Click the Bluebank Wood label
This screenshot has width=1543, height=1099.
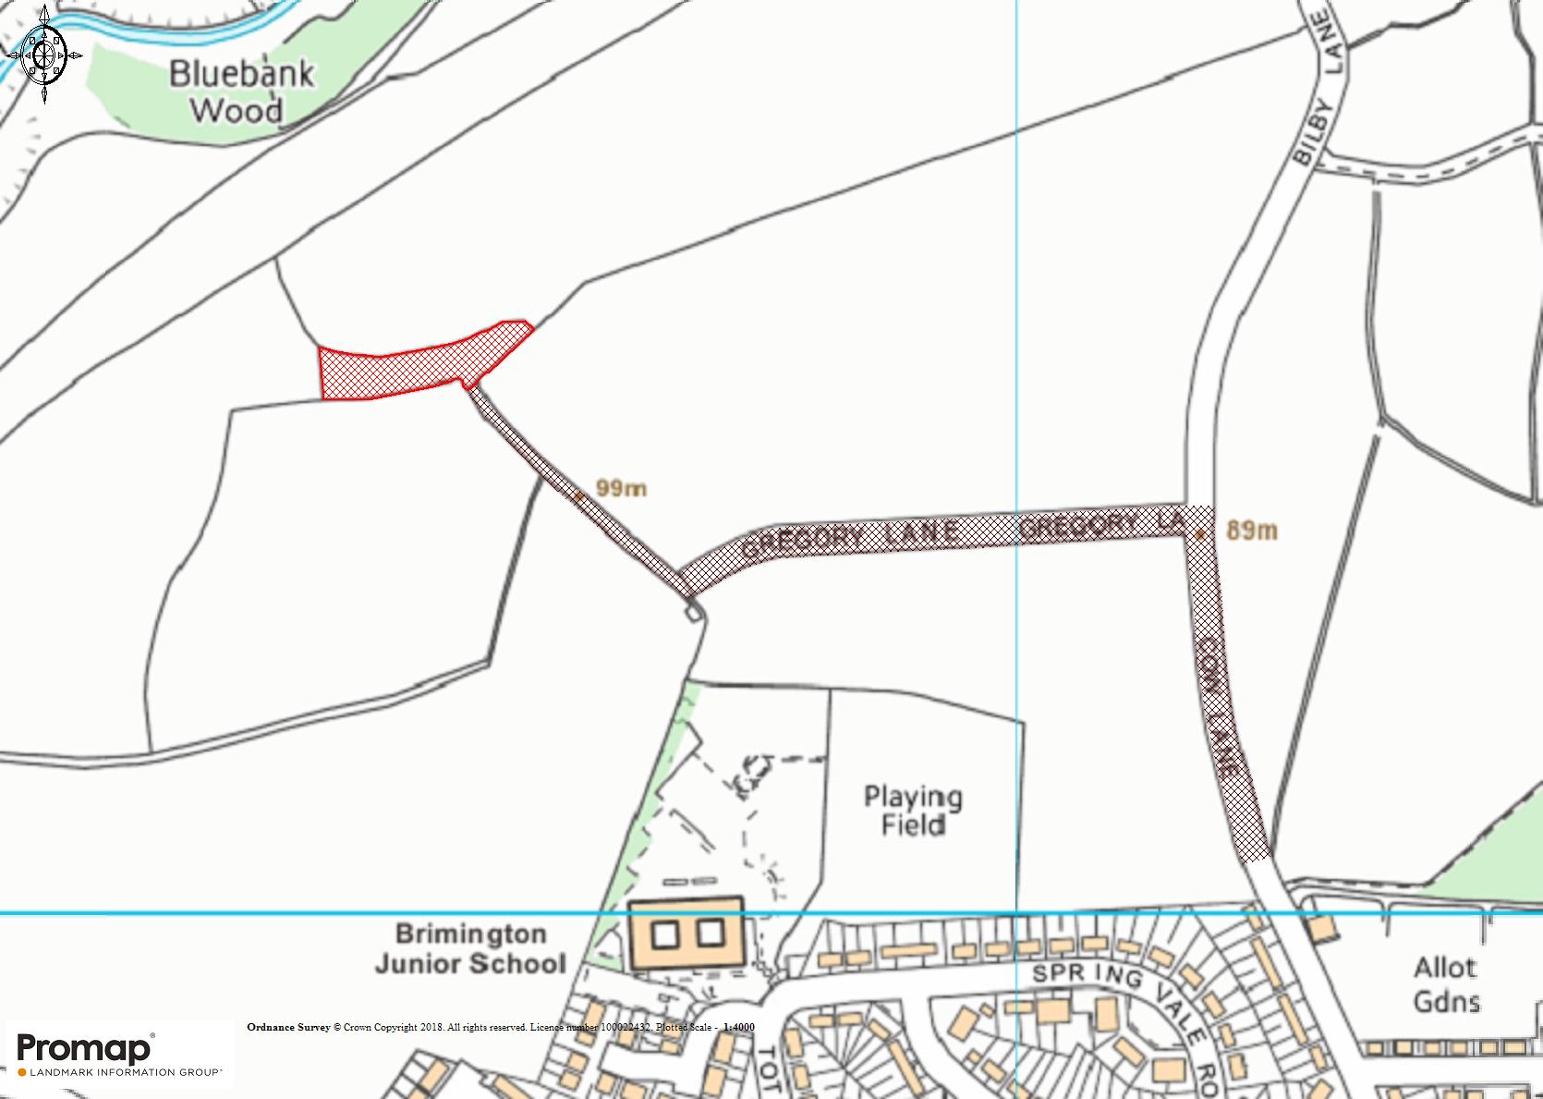pyautogui.click(x=241, y=92)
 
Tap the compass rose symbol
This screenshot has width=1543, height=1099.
pyautogui.click(x=44, y=54)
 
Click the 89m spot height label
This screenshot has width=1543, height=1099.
pyautogui.click(x=1252, y=530)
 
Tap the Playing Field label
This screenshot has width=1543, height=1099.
pyautogui.click(x=913, y=811)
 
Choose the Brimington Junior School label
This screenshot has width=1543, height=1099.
pyautogui.click(x=471, y=948)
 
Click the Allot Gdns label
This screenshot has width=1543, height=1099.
pyautogui.click(x=1446, y=984)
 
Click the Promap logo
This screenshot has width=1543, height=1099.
pyautogui.click(x=85, y=1048)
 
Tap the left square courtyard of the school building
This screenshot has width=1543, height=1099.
pyautogui.click(x=665, y=934)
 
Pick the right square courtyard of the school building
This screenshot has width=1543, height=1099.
pyautogui.click(x=710, y=934)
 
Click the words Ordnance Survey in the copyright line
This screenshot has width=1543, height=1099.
pyautogui.click(x=288, y=1027)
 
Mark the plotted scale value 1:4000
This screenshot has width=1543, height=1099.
pyautogui.click(x=739, y=1027)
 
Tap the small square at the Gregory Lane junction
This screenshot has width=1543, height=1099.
pyautogui.click(x=692, y=610)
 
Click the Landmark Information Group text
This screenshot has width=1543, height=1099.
pyautogui.click(x=125, y=1072)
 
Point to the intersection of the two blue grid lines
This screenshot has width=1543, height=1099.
pyautogui.click(x=1016, y=913)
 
